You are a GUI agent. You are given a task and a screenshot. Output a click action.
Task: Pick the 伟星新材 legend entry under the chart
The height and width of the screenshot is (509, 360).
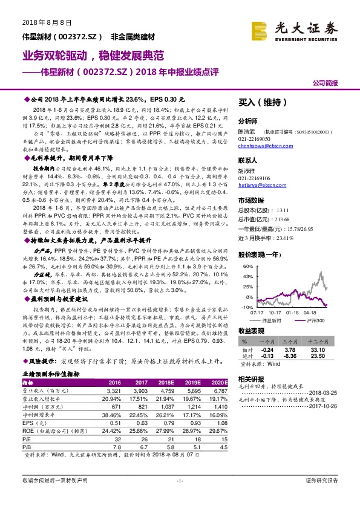coord(273,320)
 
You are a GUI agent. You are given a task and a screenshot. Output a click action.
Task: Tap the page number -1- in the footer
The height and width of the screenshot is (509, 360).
coord(180,497)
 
